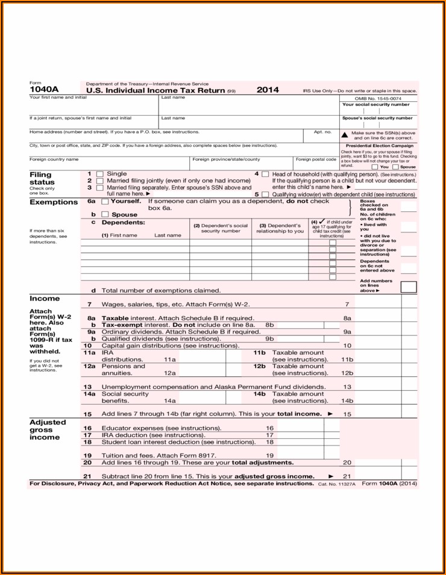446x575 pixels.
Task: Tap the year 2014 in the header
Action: pyautogui.click(x=268, y=90)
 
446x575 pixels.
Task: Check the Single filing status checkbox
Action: pyautogui.click(x=100, y=174)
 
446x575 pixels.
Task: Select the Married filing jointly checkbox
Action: pyautogui.click(x=100, y=181)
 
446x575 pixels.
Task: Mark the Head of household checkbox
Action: pyautogui.click(x=265, y=174)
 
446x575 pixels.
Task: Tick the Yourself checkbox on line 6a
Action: pyautogui.click(x=105, y=202)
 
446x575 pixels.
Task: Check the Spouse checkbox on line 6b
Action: pyautogui.click(x=105, y=214)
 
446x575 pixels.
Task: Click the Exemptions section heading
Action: pyautogui.click(x=54, y=202)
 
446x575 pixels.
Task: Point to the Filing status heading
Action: pyautogui.click(x=42, y=178)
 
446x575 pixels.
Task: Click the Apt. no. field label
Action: pyautogui.click(x=322, y=132)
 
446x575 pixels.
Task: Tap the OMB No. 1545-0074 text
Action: pyautogui.click(x=377, y=98)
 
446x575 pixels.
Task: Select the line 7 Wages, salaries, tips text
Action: pyautogui.click(x=175, y=305)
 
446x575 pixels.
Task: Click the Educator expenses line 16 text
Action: pyautogui.click(x=161, y=428)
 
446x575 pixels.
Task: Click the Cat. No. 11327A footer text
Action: pyautogui.click(x=337, y=484)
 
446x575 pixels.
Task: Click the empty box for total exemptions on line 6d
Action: pyautogui.click(x=408, y=287)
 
